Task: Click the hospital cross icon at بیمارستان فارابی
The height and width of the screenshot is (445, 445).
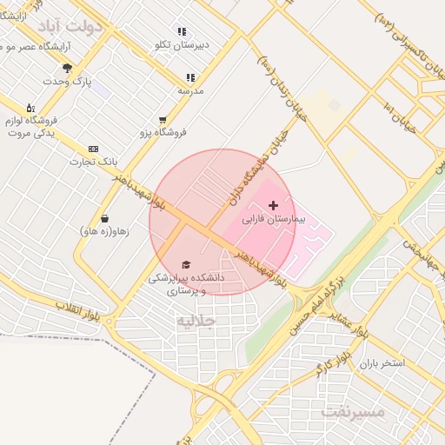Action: pos(274,205)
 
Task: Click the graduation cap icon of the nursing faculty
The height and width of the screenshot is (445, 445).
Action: pos(185,264)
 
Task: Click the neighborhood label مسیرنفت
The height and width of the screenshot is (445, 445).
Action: pos(352,411)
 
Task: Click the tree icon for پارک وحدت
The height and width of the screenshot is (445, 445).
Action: pos(68,68)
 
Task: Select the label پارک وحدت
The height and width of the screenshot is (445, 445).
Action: pos(70,81)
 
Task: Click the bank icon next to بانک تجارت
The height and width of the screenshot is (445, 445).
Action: pos(93,149)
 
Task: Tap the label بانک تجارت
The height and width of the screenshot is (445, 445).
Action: pos(94,162)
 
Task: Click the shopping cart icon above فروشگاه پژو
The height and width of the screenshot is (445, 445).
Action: pos(163,120)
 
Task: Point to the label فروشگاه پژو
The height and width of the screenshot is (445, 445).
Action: pos(163,133)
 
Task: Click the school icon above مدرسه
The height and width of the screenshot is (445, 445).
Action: pos(190,77)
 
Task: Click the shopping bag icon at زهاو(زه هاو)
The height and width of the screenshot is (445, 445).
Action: pos(104,218)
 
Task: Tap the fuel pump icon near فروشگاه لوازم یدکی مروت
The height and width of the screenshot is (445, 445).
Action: pos(31,108)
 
